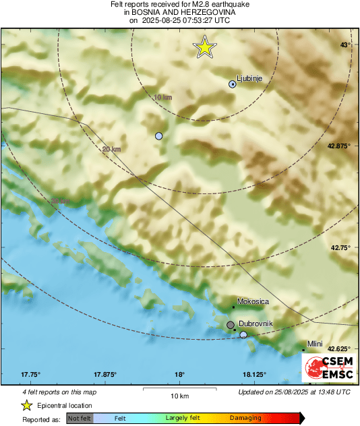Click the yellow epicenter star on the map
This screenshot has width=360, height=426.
click(204, 47)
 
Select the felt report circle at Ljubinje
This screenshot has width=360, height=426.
click(233, 84)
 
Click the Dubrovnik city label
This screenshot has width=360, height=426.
click(256, 324)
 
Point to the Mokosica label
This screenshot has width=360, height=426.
click(253, 301)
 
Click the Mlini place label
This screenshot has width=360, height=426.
click(315, 344)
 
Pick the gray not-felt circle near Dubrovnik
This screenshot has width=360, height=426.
click(231, 326)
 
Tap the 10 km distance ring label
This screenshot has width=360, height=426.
click(162, 98)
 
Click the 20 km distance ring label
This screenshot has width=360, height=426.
click(111, 149)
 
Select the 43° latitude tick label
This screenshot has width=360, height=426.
click(345, 44)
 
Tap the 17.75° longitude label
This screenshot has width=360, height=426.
click(31, 375)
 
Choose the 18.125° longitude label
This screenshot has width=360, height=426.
click(254, 375)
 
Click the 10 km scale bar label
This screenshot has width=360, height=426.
click(179, 395)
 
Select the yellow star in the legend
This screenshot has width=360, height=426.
click(26, 405)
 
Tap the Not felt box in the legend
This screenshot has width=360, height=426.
click(80, 419)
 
